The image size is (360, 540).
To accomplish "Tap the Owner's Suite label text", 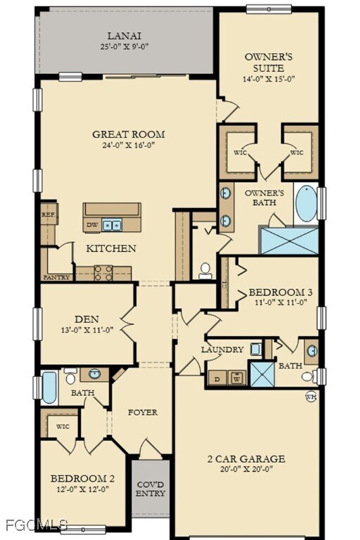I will (264, 63).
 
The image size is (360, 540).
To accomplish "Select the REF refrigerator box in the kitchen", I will (47, 215).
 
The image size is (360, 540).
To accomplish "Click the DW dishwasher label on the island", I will (92, 225).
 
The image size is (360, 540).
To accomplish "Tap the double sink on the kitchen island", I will (111, 225).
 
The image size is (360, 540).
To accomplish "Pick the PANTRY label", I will (56, 277).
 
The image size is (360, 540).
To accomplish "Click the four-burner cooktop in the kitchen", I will (103, 272).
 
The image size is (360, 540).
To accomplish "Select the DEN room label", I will (86, 318).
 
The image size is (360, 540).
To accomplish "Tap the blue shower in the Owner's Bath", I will (289, 240).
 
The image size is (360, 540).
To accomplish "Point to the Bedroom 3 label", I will (281, 292).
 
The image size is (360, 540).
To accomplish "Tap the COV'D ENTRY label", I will (150, 489).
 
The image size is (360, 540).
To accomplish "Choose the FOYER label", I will (142, 412).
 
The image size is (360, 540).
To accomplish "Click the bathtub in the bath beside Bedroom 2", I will (49, 387).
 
